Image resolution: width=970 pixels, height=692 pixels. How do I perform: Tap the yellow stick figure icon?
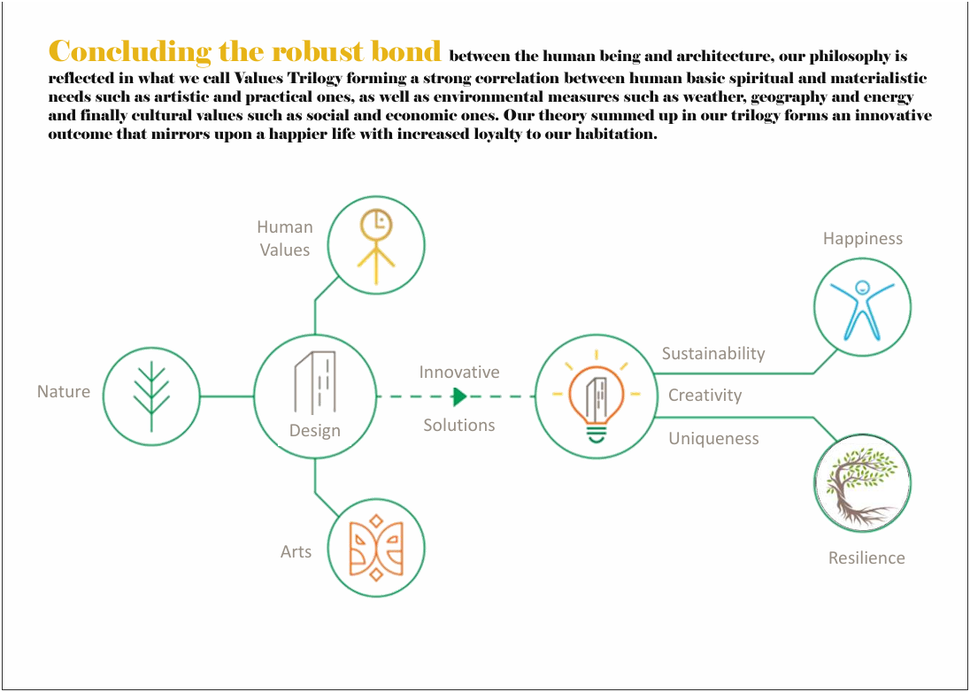point(376,247)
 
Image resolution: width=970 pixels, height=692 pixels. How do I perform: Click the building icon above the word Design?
point(315,382)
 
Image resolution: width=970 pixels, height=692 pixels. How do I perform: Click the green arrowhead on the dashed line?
point(459,396)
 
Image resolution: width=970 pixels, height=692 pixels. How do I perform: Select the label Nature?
point(64,391)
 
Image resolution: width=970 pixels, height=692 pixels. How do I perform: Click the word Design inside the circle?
point(315,430)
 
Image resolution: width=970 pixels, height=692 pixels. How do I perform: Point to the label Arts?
point(296,551)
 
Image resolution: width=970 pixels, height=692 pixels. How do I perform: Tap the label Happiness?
point(862,239)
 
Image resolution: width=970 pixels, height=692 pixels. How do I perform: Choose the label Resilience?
point(866,557)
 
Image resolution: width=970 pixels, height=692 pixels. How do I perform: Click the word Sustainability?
point(713,354)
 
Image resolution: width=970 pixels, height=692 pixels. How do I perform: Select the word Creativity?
point(704,396)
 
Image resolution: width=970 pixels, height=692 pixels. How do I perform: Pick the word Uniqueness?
point(714,439)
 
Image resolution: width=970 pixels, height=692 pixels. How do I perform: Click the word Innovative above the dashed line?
point(459,373)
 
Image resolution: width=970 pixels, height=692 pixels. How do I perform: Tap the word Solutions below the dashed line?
point(459,426)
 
